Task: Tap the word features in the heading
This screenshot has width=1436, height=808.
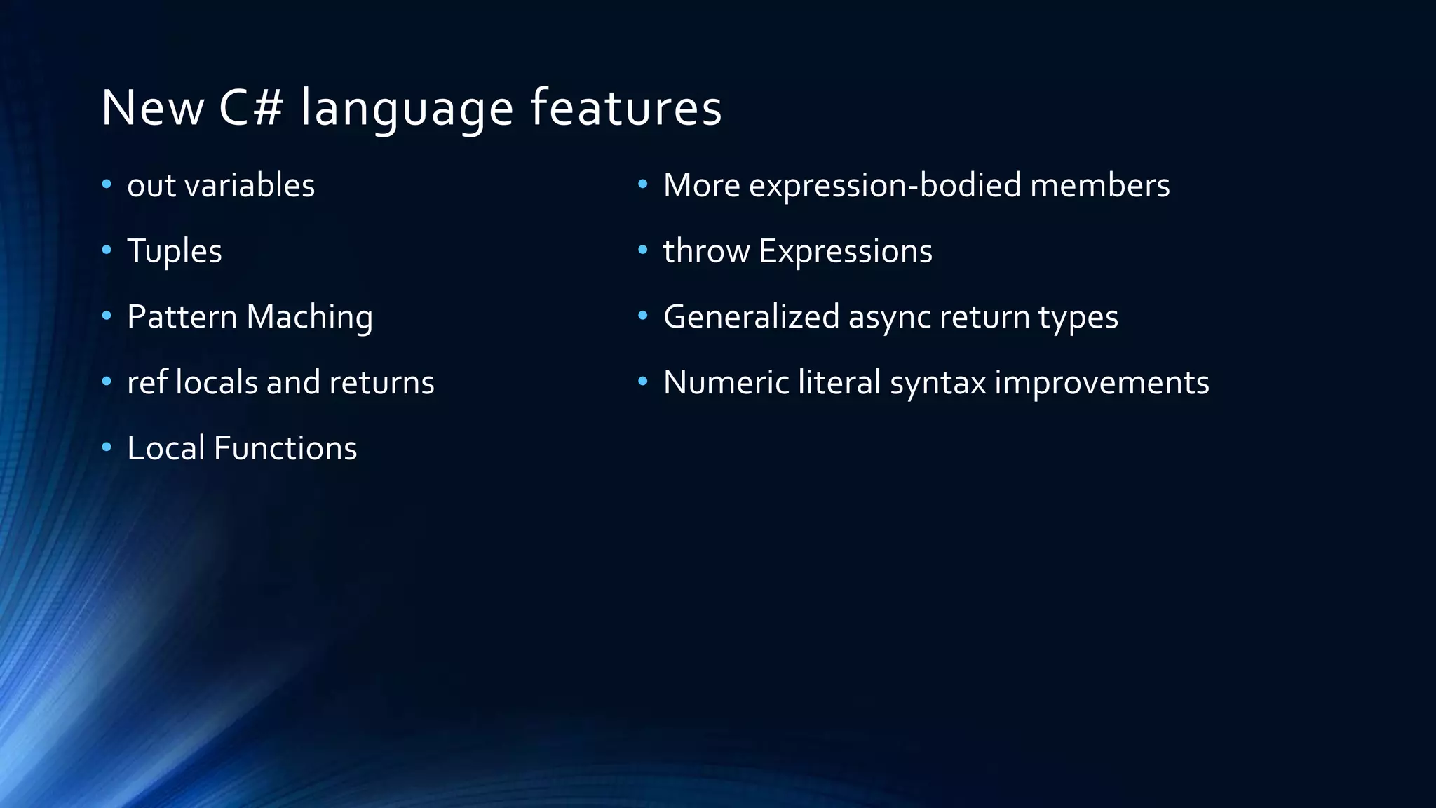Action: coord(625,108)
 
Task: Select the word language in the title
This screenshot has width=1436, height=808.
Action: coord(407,109)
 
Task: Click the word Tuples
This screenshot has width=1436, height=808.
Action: coord(175,251)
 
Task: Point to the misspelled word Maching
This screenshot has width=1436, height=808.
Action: coord(309,317)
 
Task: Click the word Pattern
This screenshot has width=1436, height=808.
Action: coord(182,316)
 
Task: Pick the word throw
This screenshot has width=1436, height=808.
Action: coord(706,251)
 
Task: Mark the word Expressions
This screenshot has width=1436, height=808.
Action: coord(846,251)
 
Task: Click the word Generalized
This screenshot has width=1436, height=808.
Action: coord(751,317)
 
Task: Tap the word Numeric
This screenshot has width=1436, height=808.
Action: coord(726,382)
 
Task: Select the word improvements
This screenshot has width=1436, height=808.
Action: coord(1102,383)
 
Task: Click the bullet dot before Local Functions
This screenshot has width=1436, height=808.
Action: coord(107,447)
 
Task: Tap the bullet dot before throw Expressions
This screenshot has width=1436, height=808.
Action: coord(643,250)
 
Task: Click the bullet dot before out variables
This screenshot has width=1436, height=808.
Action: coord(107,184)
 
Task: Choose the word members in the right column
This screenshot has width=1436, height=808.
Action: coord(1099,185)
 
